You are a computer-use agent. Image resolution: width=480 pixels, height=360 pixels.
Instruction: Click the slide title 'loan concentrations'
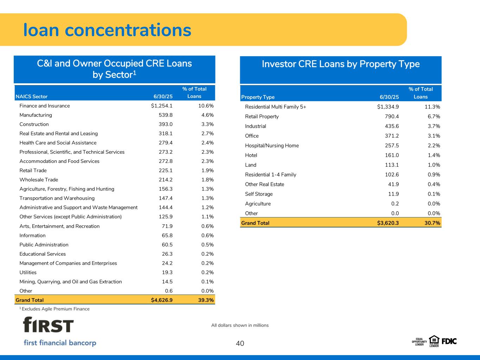107,30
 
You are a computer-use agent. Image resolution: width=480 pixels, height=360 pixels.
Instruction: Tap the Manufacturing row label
36,115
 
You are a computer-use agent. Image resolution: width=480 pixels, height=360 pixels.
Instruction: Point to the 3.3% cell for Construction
206,124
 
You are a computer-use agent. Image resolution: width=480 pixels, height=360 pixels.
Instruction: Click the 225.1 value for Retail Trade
166,171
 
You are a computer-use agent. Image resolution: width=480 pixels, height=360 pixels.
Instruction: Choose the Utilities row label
28,272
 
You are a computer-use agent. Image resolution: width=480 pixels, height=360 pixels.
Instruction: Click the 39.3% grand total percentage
205,300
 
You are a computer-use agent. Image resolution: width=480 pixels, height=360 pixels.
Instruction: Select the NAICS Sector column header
32,97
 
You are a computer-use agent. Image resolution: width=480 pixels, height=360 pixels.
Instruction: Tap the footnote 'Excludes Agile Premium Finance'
56,309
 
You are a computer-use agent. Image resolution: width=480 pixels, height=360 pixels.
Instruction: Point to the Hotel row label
251,155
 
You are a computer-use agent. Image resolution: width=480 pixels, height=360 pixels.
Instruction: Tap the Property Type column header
258,97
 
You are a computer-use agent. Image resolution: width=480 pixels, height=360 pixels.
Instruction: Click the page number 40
240,343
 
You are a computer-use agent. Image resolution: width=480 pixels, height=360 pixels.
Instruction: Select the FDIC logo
449,341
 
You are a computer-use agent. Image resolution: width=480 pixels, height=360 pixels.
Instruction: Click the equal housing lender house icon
434,340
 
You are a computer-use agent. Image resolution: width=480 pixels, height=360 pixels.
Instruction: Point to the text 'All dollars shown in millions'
240,325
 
